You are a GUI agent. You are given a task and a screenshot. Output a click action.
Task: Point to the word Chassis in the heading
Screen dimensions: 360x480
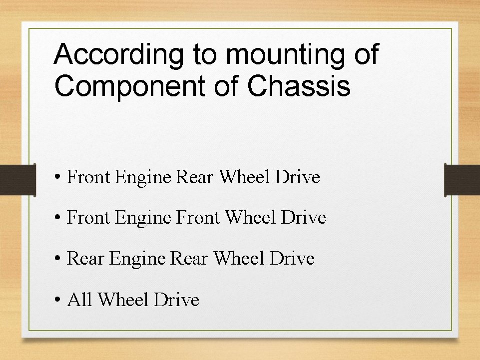pyautogui.click(x=299, y=86)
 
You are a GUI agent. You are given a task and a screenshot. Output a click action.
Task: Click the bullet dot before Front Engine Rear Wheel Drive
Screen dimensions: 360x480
pyautogui.click(x=58, y=177)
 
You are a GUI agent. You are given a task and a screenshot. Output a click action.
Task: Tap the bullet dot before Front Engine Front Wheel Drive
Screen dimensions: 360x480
pyautogui.click(x=58, y=218)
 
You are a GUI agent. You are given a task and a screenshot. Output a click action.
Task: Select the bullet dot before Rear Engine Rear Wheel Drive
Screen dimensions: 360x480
pyautogui.click(x=58, y=259)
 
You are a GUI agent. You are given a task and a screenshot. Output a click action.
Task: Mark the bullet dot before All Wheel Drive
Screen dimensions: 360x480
pyautogui.click(x=58, y=300)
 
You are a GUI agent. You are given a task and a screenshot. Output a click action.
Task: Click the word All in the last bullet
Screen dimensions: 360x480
pyautogui.click(x=79, y=300)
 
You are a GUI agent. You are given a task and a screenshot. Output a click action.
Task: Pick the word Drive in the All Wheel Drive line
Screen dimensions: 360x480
pyautogui.click(x=176, y=300)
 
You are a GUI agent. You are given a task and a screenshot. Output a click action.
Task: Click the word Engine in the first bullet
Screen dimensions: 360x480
pyautogui.click(x=143, y=177)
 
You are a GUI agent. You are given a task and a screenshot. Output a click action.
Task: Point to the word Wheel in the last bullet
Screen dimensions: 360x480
pyautogui.click(x=123, y=300)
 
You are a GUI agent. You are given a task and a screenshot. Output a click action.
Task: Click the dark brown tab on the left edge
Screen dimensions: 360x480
pyautogui.click(x=17, y=180)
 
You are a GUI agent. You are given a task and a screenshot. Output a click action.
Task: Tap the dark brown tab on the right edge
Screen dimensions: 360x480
pyautogui.click(x=462, y=180)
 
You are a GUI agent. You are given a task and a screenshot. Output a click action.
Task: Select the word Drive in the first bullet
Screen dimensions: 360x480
pyautogui.click(x=297, y=177)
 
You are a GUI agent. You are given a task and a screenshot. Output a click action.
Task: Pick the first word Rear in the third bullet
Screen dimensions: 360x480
pyautogui.click(x=85, y=259)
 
